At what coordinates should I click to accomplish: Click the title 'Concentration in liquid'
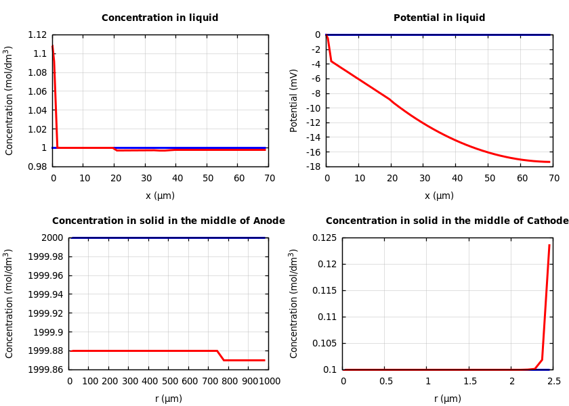click(x=160, y=18)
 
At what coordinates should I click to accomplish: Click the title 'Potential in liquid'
click(x=439, y=18)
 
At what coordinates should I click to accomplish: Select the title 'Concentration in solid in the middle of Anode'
click(x=169, y=221)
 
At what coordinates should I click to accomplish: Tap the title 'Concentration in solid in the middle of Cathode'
click(x=447, y=221)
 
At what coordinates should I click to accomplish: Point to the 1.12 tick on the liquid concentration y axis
click(x=37, y=35)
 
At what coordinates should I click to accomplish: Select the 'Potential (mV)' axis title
click(x=294, y=100)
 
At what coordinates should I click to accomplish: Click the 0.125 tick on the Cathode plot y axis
click(x=323, y=238)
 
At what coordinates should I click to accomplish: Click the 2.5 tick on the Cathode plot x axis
click(x=553, y=381)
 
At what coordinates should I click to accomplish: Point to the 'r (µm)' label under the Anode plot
click(x=169, y=399)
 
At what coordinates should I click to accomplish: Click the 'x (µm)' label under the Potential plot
click(x=439, y=196)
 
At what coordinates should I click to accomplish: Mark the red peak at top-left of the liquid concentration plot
click(x=53, y=46)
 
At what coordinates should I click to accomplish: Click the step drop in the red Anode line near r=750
click(x=220, y=355)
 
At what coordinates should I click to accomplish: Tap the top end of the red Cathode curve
click(x=549, y=245)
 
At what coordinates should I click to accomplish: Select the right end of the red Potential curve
click(x=549, y=162)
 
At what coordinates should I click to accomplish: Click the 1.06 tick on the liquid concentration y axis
click(x=37, y=91)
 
